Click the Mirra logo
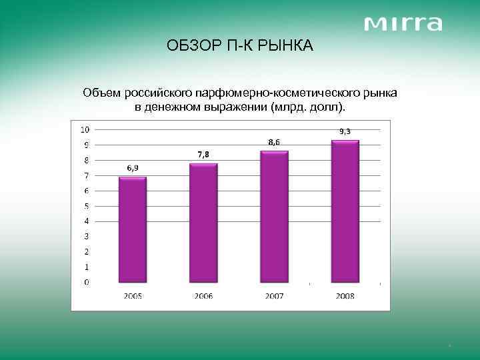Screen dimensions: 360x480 click(403, 24)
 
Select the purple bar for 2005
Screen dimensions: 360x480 click(132, 229)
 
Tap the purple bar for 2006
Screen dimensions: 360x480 click(203, 223)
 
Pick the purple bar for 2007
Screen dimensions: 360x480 click(274, 217)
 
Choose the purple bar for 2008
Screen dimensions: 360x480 click(345, 211)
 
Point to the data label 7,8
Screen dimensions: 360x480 click(203, 155)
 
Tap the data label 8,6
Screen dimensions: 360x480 click(273, 142)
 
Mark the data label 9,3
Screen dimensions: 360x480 click(345, 131)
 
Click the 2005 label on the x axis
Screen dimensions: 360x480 click(132, 295)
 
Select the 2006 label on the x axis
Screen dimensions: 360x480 click(203, 295)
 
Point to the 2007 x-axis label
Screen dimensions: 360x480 click(274, 295)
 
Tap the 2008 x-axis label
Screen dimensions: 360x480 click(345, 295)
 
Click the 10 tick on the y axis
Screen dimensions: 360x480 click(86, 129)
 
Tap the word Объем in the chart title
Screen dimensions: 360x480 click(99, 92)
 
